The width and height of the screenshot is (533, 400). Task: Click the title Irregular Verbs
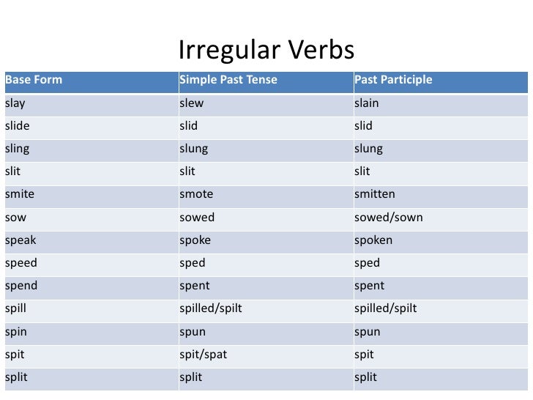coord(266,51)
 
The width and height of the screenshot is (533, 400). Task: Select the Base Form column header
coord(34,80)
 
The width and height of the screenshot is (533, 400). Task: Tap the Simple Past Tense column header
coord(228,80)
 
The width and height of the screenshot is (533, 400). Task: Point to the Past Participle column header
coord(393,80)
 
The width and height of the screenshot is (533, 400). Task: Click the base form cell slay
coord(15,103)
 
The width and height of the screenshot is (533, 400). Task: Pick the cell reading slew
coord(192,103)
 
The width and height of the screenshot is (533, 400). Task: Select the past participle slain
coord(367,103)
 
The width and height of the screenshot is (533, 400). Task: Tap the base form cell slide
coord(17,126)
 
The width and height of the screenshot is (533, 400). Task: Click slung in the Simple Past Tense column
coord(194,149)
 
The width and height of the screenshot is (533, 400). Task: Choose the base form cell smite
coord(20,194)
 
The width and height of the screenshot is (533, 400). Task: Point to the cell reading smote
coord(196,194)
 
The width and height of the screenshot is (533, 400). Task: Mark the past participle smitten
coord(374,194)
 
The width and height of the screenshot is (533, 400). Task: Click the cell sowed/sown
coord(388,218)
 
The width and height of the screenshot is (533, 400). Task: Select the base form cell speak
coord(20,240)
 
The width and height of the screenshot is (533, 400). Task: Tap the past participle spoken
coord(373,240)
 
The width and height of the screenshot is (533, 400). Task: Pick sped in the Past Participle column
coord(367,263)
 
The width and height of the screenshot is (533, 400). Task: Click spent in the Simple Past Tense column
coord(195,286)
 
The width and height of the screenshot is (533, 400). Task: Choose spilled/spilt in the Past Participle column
coord(385,308)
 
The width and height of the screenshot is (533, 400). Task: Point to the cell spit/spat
coord(204,355)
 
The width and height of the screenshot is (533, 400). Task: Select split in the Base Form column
coord(16,377)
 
